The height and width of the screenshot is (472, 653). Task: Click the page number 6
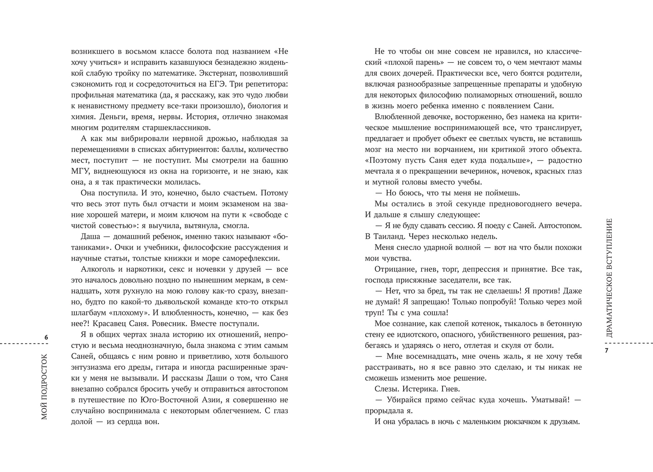(x=46, y=337)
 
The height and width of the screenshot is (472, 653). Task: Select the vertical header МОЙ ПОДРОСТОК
(x=44, y=387)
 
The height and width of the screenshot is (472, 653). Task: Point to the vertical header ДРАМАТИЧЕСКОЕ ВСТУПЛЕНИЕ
(x=609, y=278)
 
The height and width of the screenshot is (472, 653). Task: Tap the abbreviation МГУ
(x=80, y=171)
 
